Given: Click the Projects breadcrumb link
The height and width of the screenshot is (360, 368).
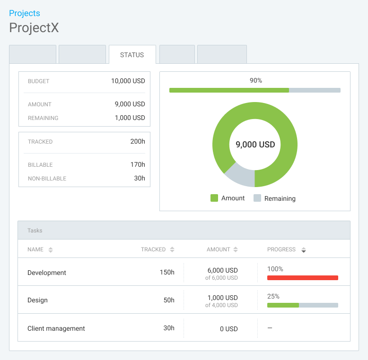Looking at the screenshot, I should click(x=25, y=13).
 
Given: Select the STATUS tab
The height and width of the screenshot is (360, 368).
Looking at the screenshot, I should click(x=132, y=55).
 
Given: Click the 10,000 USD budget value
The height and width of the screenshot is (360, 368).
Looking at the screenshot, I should click(x=128, y=81).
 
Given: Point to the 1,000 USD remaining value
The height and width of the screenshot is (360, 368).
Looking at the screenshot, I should click(x=130, y=118).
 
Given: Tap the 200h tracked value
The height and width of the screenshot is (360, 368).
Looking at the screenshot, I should click(x=138, y=141).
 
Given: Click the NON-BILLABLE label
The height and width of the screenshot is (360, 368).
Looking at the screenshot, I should click(x=47, y=179).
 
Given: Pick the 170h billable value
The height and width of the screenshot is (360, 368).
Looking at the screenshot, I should click(x=138, y=164).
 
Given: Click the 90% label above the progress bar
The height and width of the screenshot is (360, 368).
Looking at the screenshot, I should click(x=256, y=81).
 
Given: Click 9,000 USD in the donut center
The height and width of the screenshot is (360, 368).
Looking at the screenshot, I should click(x=255, y=145).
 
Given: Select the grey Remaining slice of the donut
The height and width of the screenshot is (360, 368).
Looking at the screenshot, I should click(x=239, y=174).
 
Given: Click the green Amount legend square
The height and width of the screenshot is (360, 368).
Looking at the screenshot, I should click(x=214, y=198).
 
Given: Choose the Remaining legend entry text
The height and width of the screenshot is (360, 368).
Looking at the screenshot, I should click(x=280, y=198).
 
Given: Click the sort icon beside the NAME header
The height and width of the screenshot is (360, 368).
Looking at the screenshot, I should click(x=51, y=249).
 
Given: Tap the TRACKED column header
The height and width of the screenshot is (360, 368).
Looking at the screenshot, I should click(x=153, y=249).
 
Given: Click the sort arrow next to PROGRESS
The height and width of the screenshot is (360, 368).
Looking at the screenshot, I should click(x=304, y=250).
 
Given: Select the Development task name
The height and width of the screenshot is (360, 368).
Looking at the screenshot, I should click(x=47, y=273).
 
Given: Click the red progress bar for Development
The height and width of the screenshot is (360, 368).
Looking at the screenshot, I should click(x=302, y=278).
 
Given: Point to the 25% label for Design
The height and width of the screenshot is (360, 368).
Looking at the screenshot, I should click(x=273, y=296).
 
